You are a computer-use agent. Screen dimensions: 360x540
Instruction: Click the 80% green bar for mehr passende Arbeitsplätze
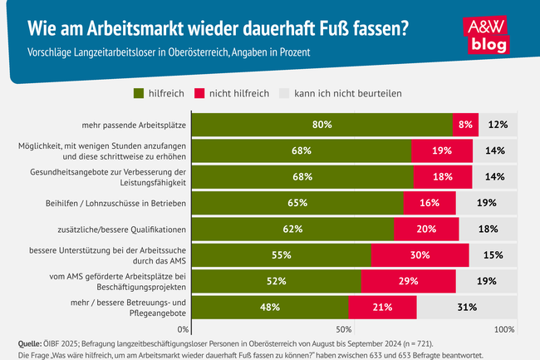tap(322, 125)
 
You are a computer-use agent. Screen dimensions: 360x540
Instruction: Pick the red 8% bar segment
tap(464, 125)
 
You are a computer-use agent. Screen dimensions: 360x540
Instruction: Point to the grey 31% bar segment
tap(466, 307)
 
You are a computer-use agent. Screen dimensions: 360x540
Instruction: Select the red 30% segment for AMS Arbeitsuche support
tap(420, 255)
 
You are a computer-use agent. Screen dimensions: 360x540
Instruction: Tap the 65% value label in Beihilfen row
tap(297, 203)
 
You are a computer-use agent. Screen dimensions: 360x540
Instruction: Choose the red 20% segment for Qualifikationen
tap(426, 229)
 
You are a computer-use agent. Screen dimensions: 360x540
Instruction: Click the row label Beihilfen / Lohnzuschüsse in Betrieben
tap(115, 203)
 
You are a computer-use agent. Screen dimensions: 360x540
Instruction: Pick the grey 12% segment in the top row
tap(498, 125)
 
